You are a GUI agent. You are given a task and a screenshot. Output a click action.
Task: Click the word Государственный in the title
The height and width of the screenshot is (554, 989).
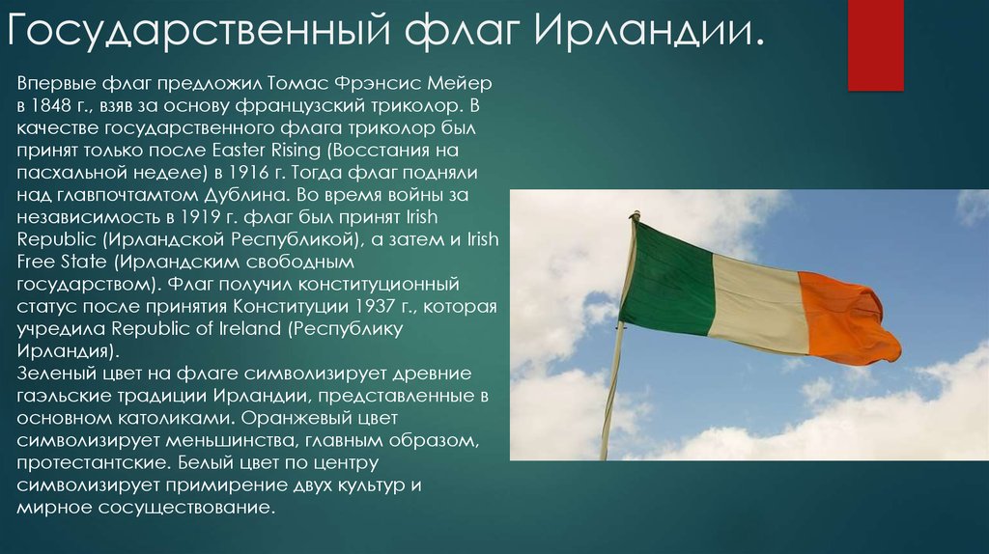pyautogui.click(x=199, y=31)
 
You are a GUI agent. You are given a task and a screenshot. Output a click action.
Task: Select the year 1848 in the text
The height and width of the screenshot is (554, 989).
pyautogui.click(x=52, y=105)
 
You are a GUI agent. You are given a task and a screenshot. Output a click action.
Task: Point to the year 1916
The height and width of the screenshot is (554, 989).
pyautogui.click(x=248, y=172)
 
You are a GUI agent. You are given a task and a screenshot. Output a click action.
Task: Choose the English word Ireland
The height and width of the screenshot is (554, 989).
pyautogui.click(x=250, y=328)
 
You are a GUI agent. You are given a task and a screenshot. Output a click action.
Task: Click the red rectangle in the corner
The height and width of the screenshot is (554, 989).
pyautogui.click(x=875, y=45)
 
